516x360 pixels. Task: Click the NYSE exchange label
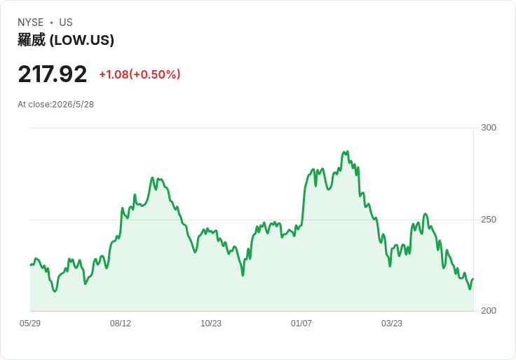pos(31,22)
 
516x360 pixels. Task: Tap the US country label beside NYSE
pos(66,22)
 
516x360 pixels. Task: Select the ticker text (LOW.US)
pos(82,40)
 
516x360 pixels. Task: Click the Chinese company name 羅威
pos(32,40)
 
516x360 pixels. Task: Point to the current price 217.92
pos(53,74)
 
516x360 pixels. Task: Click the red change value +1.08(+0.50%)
pos(140,74)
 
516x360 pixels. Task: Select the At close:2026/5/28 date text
pos(55,105)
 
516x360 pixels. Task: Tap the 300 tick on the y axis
pos(489,128)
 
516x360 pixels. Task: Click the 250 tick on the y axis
pos(489,220)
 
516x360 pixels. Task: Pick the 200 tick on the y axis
pos(489,311)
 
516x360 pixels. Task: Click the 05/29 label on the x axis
pos(30,324)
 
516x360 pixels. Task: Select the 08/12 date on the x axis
pos(121,324)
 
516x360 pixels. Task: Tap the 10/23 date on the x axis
pos(211,324)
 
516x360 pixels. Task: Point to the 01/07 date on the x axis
pos(301,324)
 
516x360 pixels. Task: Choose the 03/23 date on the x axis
pos(392,324)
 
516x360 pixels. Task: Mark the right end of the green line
pos(473,279)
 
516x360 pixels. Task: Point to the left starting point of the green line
pos(31,265)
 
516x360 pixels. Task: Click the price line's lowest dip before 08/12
pos(55,291)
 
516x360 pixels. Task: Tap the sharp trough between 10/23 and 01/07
pos(243,275)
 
